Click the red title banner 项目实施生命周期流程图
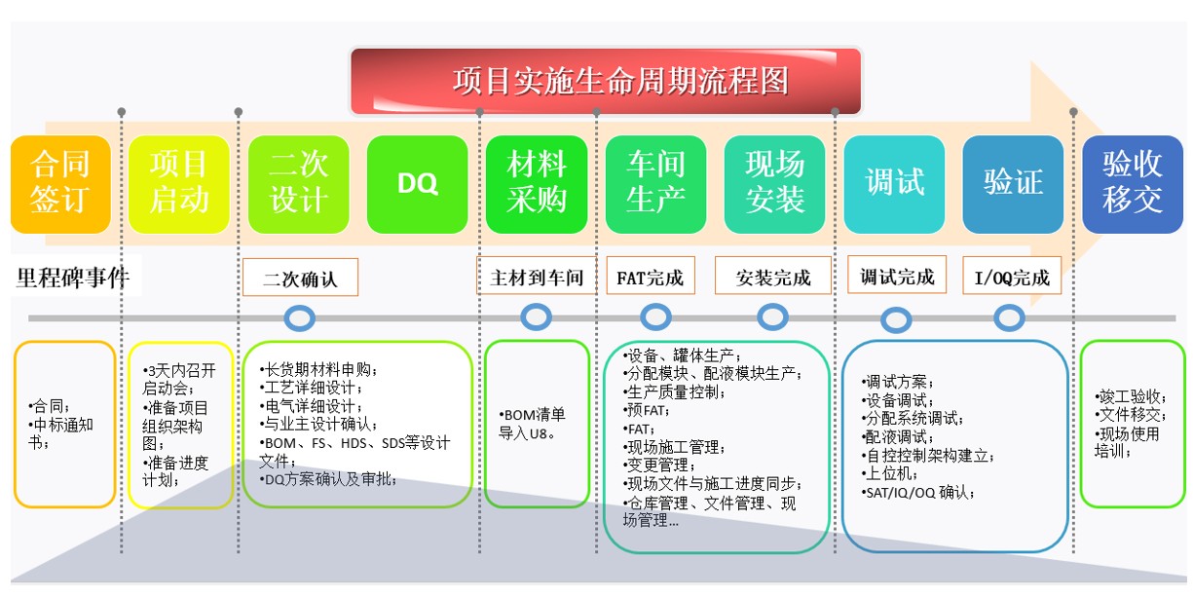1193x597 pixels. coord(606,81)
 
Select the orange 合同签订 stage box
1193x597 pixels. coord(60,184)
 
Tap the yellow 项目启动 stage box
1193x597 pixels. coord(179,184)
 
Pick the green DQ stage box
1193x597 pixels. coord(418,184)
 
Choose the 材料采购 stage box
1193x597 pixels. coord(537,184)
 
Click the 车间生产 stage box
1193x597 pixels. coord(655,184)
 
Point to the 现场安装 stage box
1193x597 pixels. coord(775,184)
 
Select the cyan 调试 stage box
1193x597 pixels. coord(894,184)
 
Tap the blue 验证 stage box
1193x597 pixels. coord(1013,184)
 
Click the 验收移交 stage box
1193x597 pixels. coord(1133,184)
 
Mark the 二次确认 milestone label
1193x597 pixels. coord(300,278)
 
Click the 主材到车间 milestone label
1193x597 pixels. coord(537,276)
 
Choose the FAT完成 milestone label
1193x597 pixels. coord(651,276)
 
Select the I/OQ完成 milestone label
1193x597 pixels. coord(1012,276)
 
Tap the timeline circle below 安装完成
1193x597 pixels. coord(773,317)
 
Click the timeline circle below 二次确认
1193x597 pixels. coord(299,318)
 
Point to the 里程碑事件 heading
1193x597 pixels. coord(73,278)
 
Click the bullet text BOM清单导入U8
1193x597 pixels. coord(532,424)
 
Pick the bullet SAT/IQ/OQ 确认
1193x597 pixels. coord(917,493)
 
